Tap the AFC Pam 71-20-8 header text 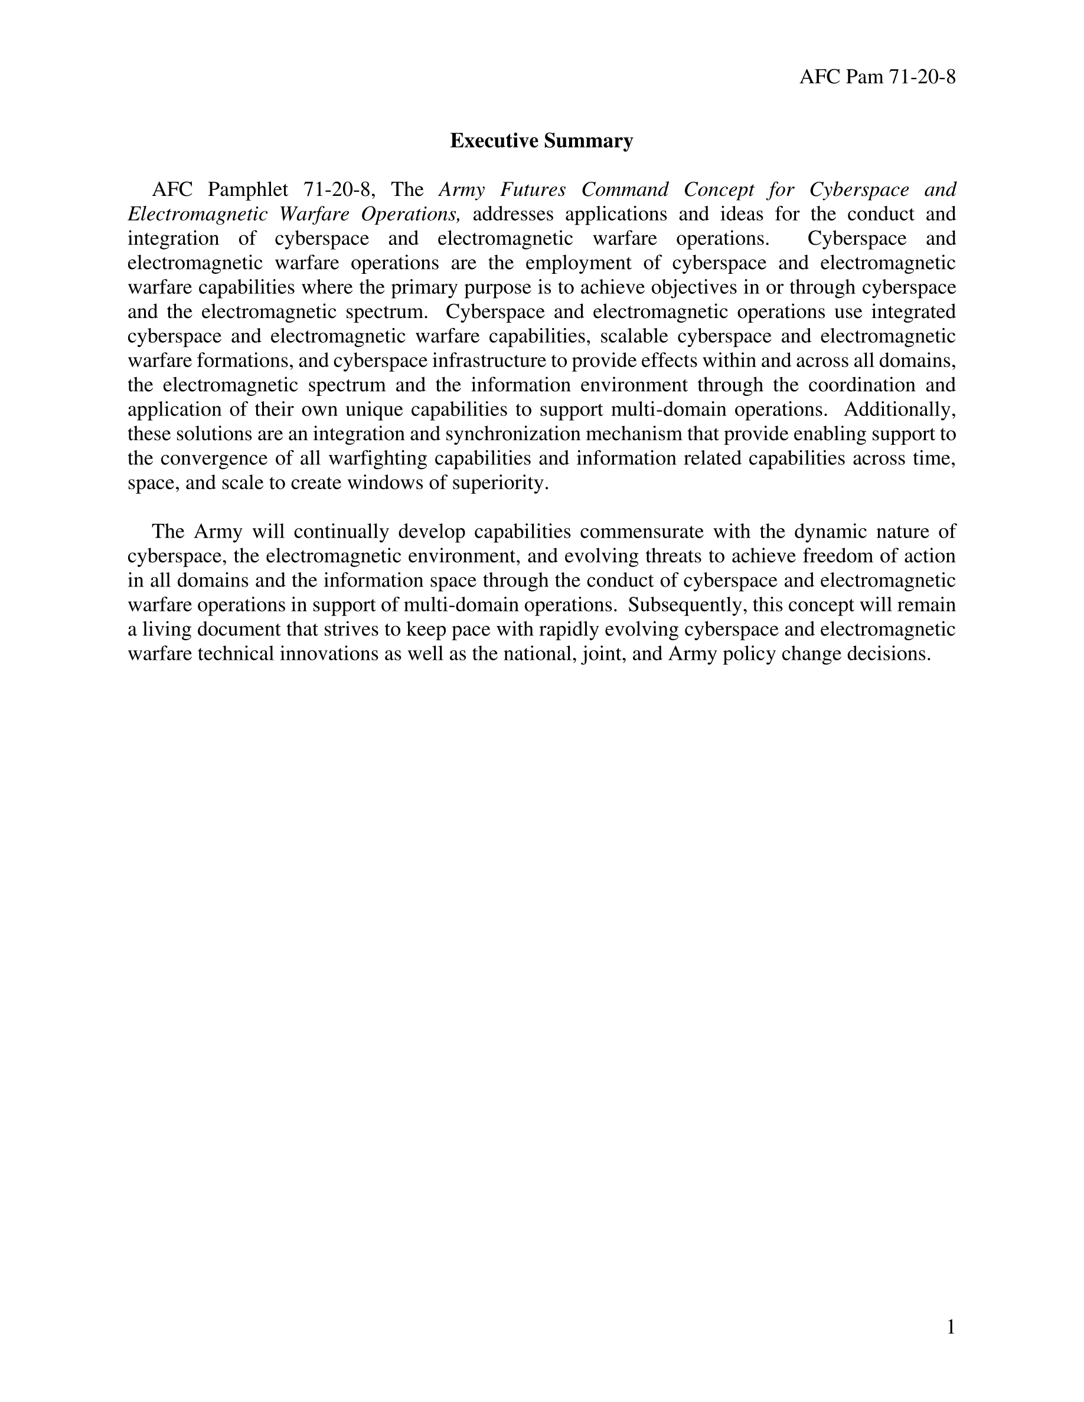(x=877, y=77)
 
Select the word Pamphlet (x=248, y=190)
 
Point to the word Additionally (x=899, y=410)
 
